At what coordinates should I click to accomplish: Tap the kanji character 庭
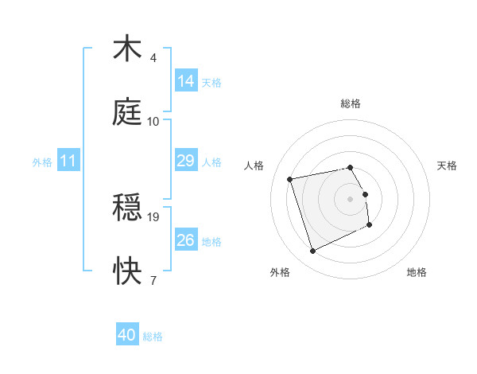(x=128, y=112)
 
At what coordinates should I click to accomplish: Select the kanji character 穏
(x=128, y=208)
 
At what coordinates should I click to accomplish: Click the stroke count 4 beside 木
(x=153, y=58)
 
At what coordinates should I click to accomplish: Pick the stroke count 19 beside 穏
(x=154, y=216)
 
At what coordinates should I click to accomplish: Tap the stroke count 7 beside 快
(x=153, y=280)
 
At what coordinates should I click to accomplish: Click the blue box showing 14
(x=186, y=81)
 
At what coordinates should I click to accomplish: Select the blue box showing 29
(x=186, y=161)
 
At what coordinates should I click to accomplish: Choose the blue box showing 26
(x=186, y=240)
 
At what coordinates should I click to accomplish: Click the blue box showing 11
(x=68, y=161)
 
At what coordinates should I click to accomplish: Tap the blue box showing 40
(x=127, y=335)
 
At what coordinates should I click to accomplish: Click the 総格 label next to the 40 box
(x=153, y=337)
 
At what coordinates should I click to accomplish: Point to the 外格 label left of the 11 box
(x=42, y=162)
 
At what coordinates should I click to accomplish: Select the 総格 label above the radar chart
(x=351, y=103)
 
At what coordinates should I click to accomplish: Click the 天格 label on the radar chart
(x=448, y=166)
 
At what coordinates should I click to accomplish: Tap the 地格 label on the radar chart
(x=417, y=272)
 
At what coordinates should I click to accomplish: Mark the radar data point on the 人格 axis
(x=290, y=178)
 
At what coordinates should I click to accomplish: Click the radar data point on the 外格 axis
(x=312, y=251)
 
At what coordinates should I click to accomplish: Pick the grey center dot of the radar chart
(x=351, y=198)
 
